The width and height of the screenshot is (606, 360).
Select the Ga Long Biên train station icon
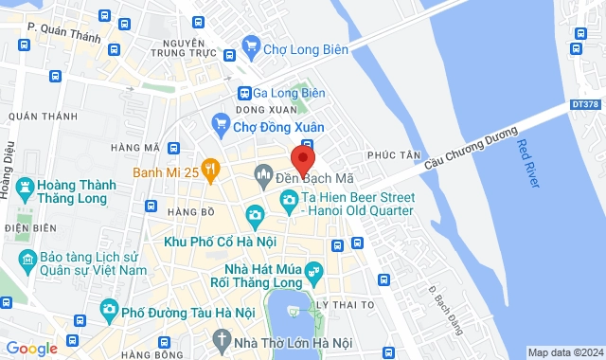(x=244, y=93)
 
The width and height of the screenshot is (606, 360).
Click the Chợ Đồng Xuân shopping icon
(x=220, y=122)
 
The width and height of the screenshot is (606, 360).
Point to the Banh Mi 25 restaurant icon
(x=209, y=171)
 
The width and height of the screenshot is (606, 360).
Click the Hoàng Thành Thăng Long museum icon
(x=26, y=188)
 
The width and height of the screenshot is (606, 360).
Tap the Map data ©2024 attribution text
(x=564, y=352)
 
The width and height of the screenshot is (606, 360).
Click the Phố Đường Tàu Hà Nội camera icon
(x=110, y=309)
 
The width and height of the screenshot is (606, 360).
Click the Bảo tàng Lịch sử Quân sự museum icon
(x=28, y=258)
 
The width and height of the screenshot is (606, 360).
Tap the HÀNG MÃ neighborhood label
(x=134, y=148)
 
